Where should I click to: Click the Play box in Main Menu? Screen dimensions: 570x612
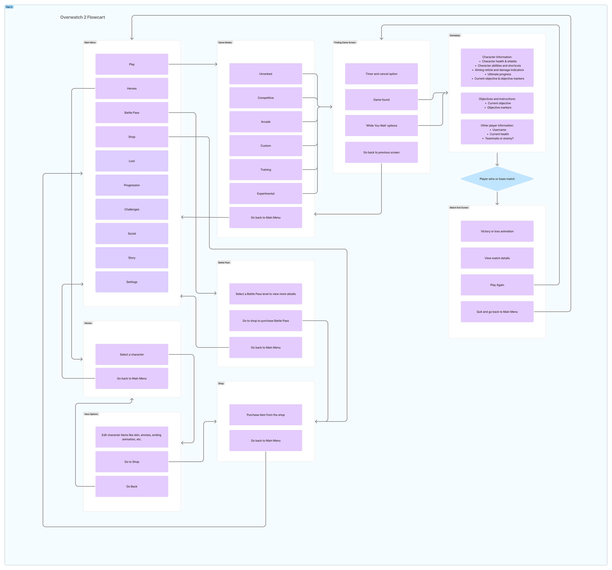[132, 64]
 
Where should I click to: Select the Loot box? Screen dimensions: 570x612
[132, 161]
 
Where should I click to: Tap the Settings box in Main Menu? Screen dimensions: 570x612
[132, 282]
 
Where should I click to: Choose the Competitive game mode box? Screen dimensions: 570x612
[265, 98]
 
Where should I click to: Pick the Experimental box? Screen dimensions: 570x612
[265, 194]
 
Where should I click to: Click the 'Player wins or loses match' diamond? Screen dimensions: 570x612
[497, 179]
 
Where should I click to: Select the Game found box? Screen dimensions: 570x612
[381, 100]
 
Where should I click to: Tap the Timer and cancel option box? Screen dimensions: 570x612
[381, 74]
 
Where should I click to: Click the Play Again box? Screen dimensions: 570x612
[497, 285]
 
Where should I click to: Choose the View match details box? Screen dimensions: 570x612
[497, 258]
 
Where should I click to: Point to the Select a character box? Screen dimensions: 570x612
[132, 355]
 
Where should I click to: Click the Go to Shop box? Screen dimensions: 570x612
[132, 462]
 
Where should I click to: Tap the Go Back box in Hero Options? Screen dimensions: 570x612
[132, 486]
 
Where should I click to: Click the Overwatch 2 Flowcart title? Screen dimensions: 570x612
[82, 17]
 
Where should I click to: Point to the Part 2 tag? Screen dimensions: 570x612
[9, 7]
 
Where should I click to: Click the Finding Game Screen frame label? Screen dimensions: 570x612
[344, 43]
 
